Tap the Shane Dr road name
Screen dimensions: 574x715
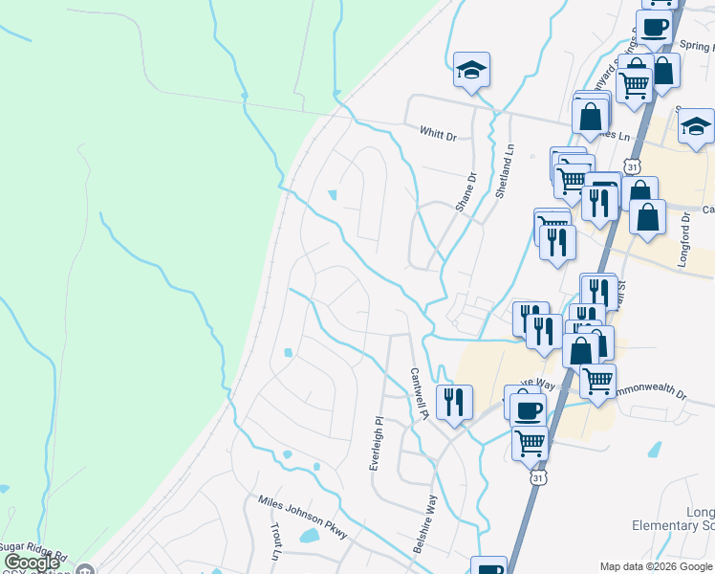click(466, 190)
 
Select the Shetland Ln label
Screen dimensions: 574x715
click(503, 168)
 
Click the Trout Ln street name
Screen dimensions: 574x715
click(275, 541)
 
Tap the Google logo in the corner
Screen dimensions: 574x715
click(32, 563)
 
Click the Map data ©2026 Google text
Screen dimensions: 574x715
click(656, 565)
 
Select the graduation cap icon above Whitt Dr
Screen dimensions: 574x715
click(471, 70)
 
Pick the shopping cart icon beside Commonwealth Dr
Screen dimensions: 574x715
click(598, 380)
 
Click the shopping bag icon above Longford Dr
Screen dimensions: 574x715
click(648, 217)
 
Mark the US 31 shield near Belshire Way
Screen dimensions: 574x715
click(539, 476)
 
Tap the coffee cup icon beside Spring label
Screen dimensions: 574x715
click(655, 27)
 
